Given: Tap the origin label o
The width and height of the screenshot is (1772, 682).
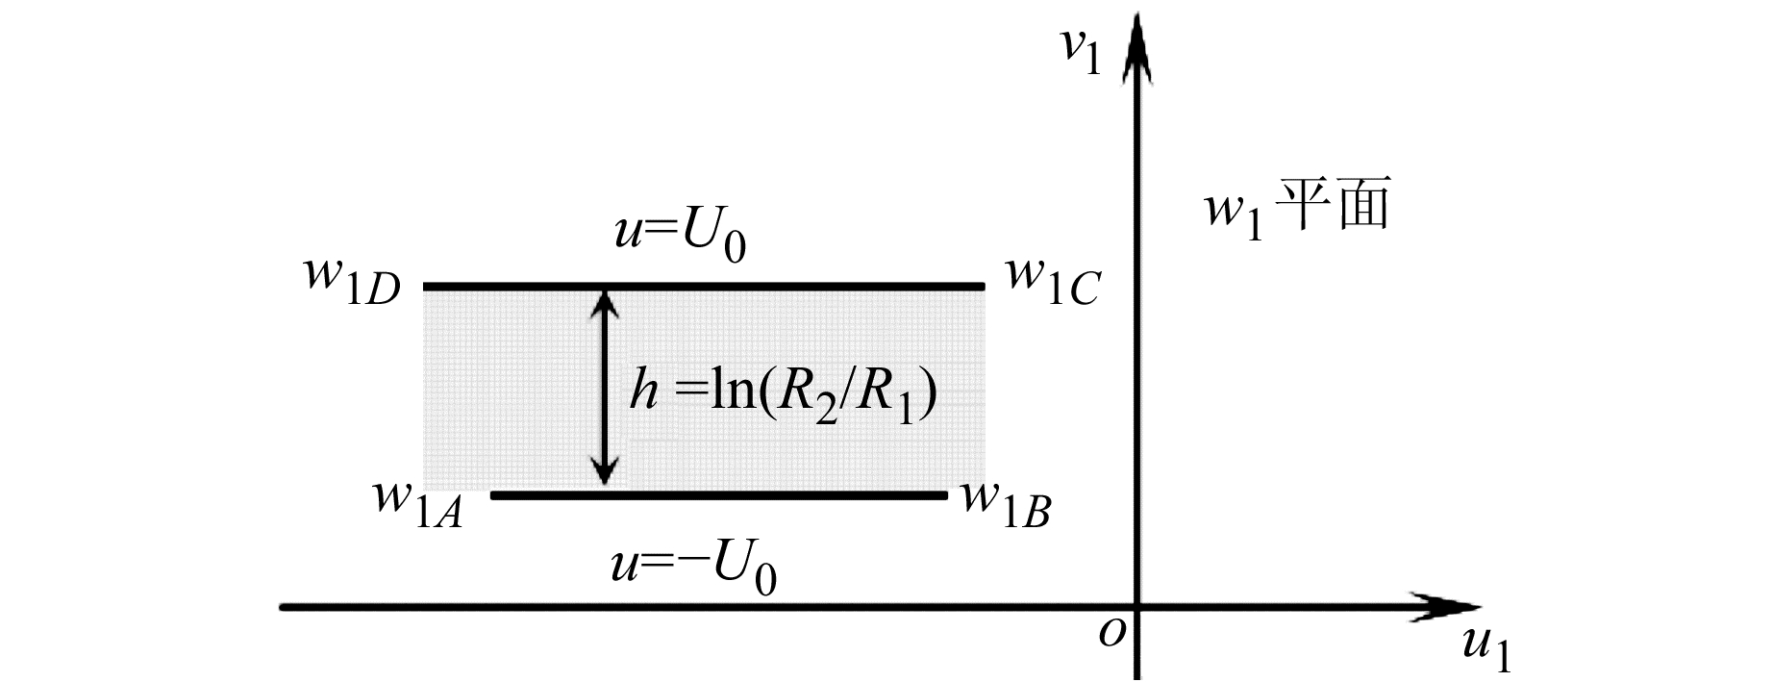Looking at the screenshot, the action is click(1111, 633).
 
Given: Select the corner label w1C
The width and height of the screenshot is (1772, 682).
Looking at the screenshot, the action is click(1052, 280).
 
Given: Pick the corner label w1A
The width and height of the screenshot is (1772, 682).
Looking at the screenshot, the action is click(417, 503).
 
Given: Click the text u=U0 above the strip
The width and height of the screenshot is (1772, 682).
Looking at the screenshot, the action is click(680, 235).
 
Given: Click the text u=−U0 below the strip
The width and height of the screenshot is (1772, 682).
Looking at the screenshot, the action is click(693, 568).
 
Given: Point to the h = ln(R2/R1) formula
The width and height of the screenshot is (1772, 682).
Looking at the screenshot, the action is click(783, 392).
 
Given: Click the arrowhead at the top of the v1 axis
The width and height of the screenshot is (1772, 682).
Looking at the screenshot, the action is click(1137, 43).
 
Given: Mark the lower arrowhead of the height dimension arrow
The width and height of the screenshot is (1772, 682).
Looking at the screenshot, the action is click(604, 472).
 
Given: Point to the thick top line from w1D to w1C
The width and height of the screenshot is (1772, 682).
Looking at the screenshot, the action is click(704, 287).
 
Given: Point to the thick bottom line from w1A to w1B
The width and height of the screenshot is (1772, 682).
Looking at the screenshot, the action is click(719, 495).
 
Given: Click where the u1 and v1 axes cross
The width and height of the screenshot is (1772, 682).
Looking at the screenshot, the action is click(1137, 607).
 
